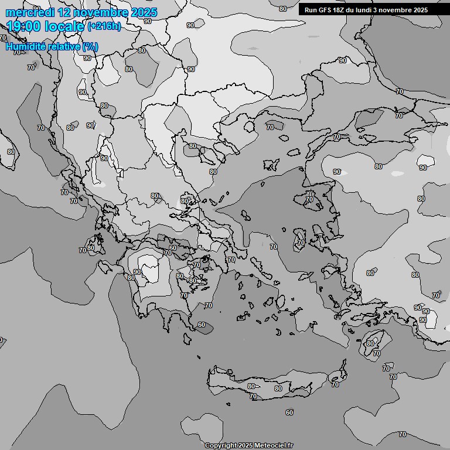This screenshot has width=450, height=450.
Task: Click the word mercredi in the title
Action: point(30,12)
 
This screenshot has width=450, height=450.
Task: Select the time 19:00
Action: point(26,26)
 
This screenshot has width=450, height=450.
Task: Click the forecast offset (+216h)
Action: point(104,26)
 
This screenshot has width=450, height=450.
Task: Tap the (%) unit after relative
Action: point(90,46)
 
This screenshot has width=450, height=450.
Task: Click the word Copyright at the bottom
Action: point(220,445)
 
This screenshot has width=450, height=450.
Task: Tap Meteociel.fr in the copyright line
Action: point(274,445)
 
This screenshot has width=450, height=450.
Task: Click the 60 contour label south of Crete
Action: point(289,412)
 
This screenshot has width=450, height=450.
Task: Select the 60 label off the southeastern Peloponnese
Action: point(202,325)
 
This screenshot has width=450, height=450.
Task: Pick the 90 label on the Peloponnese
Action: point(137,272)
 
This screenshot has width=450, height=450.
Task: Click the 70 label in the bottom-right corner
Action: point(402,434)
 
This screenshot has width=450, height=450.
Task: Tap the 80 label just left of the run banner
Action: point(283,9)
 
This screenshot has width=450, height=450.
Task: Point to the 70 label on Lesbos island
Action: point(309,200)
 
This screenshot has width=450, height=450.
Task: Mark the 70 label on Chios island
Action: point(301,241)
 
